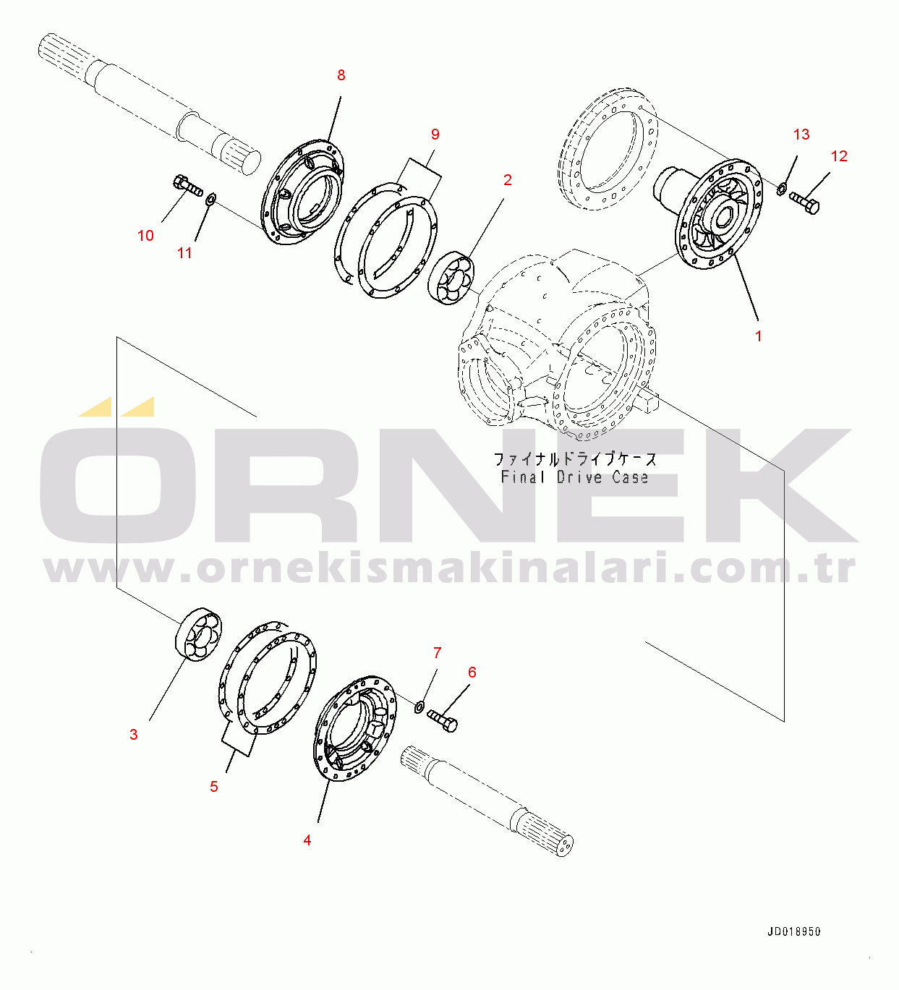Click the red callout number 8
click(x=341, y=75)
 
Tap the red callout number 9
click(x=435, y=135)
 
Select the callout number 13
click(x=801, y=135)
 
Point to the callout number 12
click(x=839, y=156)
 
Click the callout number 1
click(x=758, y=336)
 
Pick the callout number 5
click(x=214, y=787)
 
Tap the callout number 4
click(x=307, y=840)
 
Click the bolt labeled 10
click(x=188, y=187)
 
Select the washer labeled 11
click(x=210, y=200)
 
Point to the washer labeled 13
click(x=782, y=189)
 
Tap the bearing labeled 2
click(x=451, y=278)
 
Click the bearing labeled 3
click(x=198, y=635)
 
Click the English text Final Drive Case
click(x=575, y=477)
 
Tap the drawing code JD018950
click(x=794, y=931)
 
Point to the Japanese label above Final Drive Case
click(x=576, y=459)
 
